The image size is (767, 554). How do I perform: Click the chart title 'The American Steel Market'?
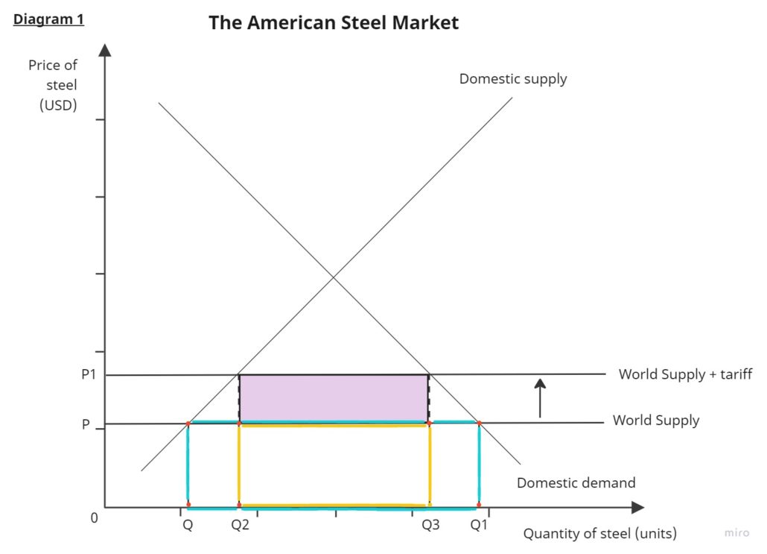coord(334,22)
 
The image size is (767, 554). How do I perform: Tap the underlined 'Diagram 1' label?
coord(48,19)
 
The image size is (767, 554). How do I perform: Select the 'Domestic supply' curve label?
coord(512,78)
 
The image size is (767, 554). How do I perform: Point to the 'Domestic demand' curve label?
coord(576,482)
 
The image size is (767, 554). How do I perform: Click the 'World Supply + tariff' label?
coord(685,374)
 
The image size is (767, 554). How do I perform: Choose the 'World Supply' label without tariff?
coord(655,421)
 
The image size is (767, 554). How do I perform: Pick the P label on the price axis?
coord(86,425)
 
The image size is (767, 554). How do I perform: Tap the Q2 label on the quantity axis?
coord(240,525)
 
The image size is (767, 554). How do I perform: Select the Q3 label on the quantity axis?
coord(430,525)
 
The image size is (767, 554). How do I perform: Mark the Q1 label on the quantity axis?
coord(479,525)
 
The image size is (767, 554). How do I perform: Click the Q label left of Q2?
coord(188,525)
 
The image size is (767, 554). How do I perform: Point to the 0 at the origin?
coord(94,517)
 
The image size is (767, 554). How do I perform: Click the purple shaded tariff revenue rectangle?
coord(334,398)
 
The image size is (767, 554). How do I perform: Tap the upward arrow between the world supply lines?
coord(541,397)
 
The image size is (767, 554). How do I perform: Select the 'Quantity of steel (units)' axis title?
coord(599,533)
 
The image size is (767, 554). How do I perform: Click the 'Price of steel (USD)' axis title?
coord(54,85)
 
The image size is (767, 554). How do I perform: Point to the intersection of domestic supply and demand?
coord(334,277)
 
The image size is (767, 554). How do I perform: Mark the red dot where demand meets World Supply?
coord(479,423)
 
